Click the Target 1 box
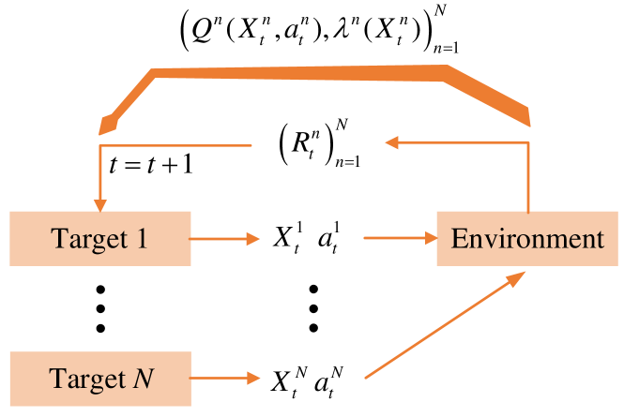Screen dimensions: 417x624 click(99, 239)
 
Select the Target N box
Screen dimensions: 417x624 click(99, 378)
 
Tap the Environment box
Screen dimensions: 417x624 click(527, 239)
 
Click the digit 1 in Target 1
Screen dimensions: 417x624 click(142, 239)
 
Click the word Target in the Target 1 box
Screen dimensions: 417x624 click(86, 239)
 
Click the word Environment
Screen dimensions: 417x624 click(527, 239)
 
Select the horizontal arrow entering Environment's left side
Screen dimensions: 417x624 click(399, 238)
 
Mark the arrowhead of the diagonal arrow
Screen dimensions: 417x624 click(518, 276)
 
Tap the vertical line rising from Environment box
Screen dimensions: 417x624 click(528, 178)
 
